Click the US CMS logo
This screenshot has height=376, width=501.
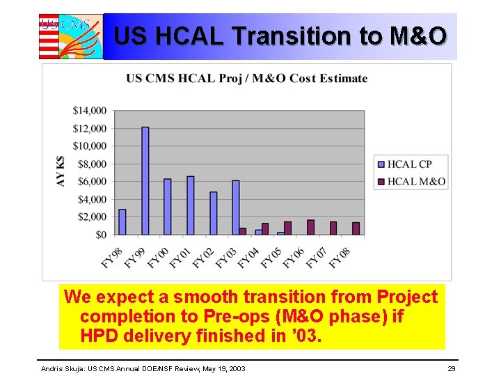pos(70,36)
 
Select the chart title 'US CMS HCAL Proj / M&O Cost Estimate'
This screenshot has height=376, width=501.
pos(246,78)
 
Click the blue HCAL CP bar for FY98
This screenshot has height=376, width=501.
pos(122,222)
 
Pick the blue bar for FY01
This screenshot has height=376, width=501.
pos(191,205)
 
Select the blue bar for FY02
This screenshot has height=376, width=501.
pos(214,213)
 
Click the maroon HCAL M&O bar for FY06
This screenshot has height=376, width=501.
pos(310,228)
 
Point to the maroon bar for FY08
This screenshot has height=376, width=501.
pos(356,228)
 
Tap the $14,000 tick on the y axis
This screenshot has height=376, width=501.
pos(89,110)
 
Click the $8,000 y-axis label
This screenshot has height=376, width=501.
pos(91,164)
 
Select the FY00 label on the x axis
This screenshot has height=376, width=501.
pos(157,257)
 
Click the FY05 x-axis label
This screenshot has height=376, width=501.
pos(271,257)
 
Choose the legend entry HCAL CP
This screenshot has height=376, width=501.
pos(409,164)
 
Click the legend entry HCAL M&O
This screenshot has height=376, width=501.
pos(415,181)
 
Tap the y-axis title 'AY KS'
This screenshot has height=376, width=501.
pos(61,171)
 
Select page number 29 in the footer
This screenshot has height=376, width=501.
pos(452,368)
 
